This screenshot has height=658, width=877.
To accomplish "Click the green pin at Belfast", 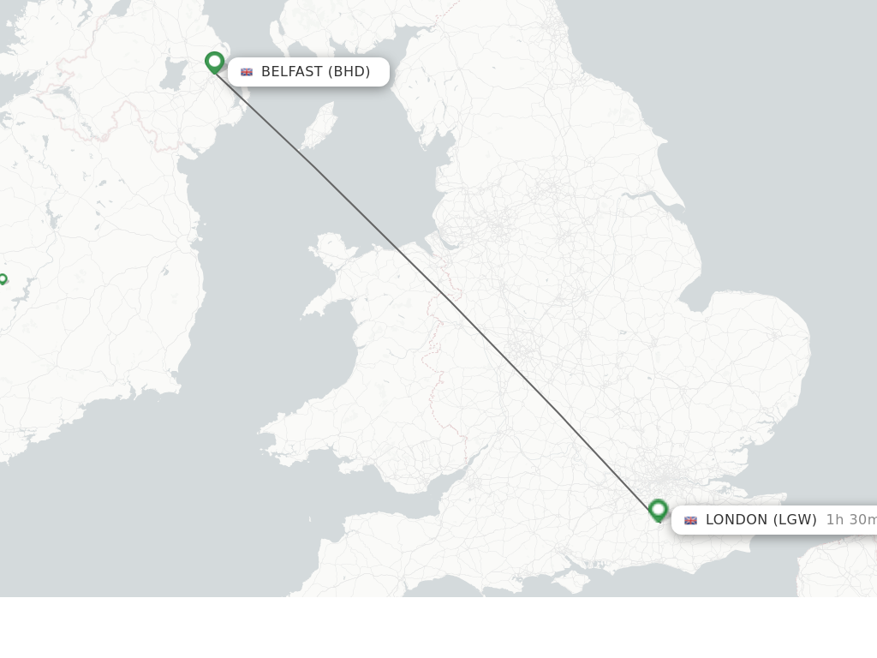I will pyautogui.click(x=214, y=62).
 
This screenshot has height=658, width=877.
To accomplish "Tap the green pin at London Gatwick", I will pyautogui.click(x=658, y=510).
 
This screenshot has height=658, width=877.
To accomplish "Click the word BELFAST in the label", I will pyautogui.click(x=291, y=72).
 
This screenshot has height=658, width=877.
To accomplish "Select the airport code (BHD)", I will pyautogui.click(x=349, y=72).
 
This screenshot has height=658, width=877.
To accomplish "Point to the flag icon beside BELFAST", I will pyautogui.click(x=247, y=72).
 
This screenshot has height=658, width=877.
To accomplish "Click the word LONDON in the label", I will pyautogui.click(x=737, y=520).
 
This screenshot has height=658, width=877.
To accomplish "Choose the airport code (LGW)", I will pyautogui.click(x=795, y=520).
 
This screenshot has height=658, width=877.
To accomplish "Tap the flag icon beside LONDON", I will pyautogui.click(x=690, y=520).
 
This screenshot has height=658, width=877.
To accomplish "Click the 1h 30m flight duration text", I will pyautogui.click(x=850, y=520).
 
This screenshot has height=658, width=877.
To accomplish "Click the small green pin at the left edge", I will pyautogui.click(x=3, y=279).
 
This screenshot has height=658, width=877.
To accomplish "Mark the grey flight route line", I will pyautogui.click(x=437, y=287).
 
